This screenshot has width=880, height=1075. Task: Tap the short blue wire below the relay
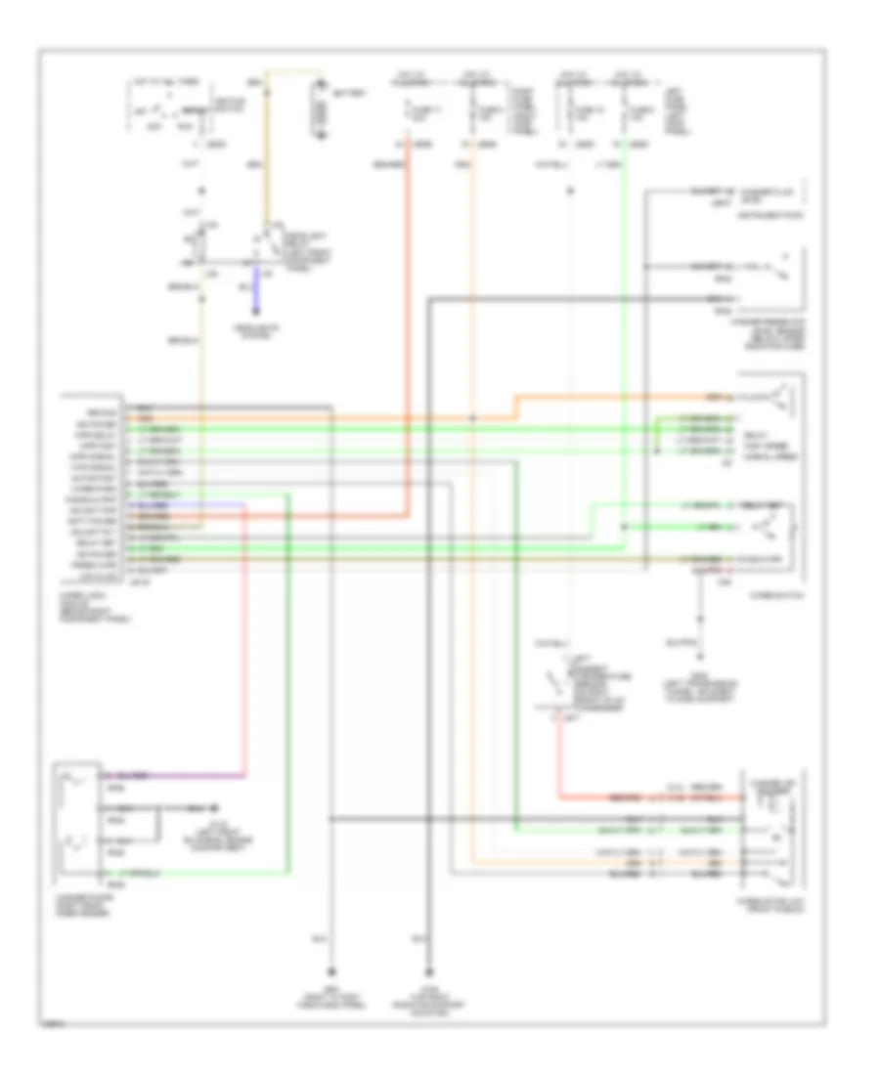click(259, 288)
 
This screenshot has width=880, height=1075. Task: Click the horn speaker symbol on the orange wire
click(782, 397)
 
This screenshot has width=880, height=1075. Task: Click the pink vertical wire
click(244, 635)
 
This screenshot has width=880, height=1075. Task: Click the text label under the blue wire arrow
click(259, 330)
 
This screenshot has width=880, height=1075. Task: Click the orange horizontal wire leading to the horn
click(636, 397)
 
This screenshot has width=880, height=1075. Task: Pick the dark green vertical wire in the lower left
click(291, 684)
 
